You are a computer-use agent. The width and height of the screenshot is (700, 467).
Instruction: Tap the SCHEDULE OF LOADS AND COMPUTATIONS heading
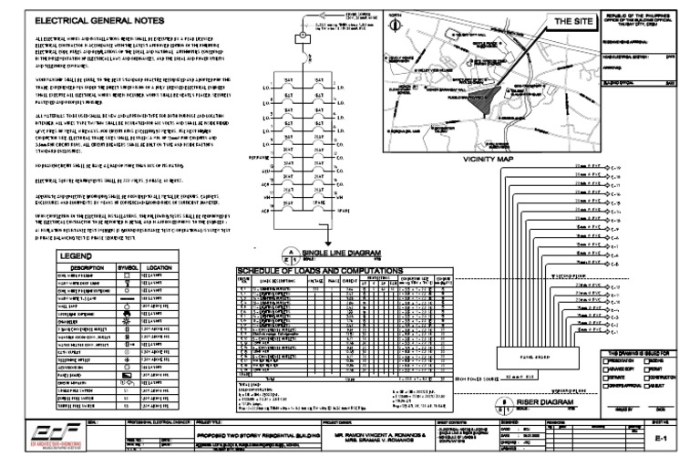pyautogui.click(x=318, y=271)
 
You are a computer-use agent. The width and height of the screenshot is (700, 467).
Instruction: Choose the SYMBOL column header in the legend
pyautogui.click(x=134, y=268)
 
